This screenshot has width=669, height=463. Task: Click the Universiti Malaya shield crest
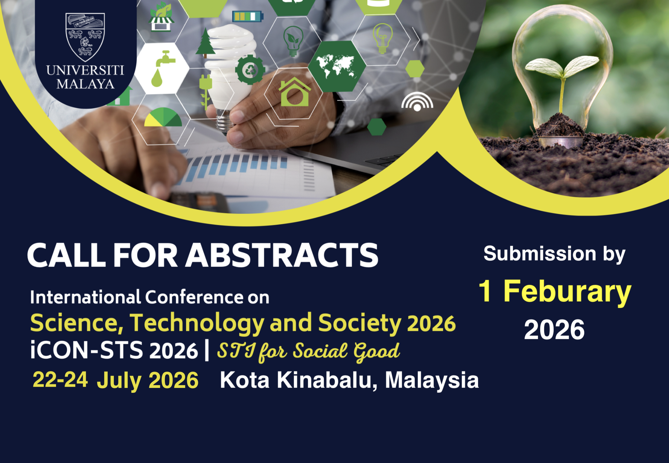click(x=85, y=37)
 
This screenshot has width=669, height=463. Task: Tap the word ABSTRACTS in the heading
click(x=283, y=255)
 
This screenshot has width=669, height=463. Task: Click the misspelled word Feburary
click(x=567, y=292)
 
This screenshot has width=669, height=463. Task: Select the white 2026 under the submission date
click(x=554, y=330)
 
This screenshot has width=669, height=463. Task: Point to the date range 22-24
click(x=60, y=380)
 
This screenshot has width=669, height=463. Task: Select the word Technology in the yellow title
click(x=197, y=323)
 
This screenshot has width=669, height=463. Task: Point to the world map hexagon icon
click(x=337, y=66)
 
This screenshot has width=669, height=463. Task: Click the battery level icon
click(x=248, y=16)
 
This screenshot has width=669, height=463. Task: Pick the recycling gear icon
click(x=250, y=70)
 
